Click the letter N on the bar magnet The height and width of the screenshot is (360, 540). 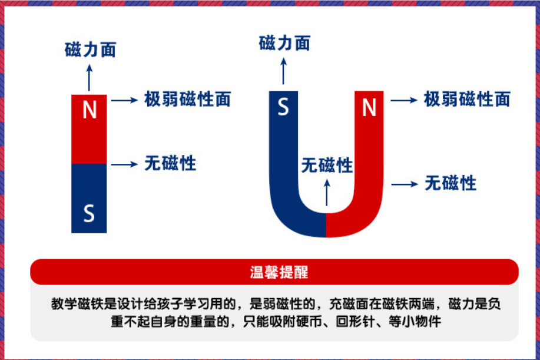(89, 110)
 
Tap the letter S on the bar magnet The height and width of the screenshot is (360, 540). (89, 213)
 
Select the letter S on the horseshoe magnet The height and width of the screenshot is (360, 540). (283, 108)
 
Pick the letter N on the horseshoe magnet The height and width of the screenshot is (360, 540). (369, 108)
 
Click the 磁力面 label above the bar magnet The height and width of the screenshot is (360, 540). (90, 50)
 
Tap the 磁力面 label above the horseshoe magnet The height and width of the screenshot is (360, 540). (284, 43)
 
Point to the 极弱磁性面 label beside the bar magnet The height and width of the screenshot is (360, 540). (187, 100)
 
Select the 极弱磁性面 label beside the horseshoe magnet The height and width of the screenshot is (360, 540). (467, 100)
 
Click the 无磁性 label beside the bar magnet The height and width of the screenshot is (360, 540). (170, 163)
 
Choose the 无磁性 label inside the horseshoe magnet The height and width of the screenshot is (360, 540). (327, 165)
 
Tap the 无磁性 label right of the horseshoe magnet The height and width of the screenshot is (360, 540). (450, 183)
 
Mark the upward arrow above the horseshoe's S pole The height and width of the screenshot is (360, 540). (284, 71)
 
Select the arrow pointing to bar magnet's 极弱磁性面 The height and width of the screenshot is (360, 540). (124, 100)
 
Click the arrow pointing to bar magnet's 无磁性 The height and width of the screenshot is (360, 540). (124, 164)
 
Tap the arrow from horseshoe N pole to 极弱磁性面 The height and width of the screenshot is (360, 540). (403, 100)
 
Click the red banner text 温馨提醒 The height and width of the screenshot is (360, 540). (274, 273)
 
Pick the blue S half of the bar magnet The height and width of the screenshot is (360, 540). (89, 198)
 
